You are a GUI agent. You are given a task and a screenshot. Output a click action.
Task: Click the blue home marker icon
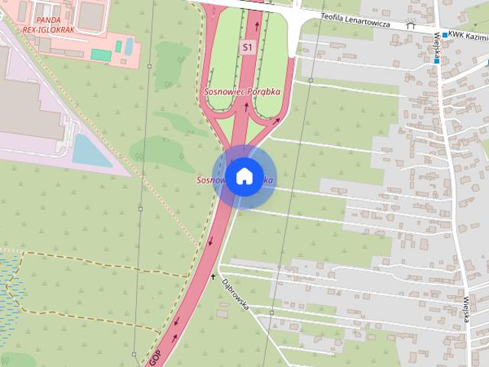click(243, 177)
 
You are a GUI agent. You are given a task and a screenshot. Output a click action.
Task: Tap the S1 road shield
click(246, 47)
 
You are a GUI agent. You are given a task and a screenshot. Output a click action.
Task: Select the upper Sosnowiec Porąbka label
click(241, 91)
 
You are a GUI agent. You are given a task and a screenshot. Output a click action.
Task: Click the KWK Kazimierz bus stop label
click(468, 35)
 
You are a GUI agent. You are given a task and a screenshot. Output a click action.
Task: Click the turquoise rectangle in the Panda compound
click(100, 54)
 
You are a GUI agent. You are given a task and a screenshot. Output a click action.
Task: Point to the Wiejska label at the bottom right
click(465, 307)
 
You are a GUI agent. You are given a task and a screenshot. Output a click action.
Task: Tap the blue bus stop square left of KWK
click(444, 35)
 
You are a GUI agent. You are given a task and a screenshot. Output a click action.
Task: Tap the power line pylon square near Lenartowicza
click(312, 79)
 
